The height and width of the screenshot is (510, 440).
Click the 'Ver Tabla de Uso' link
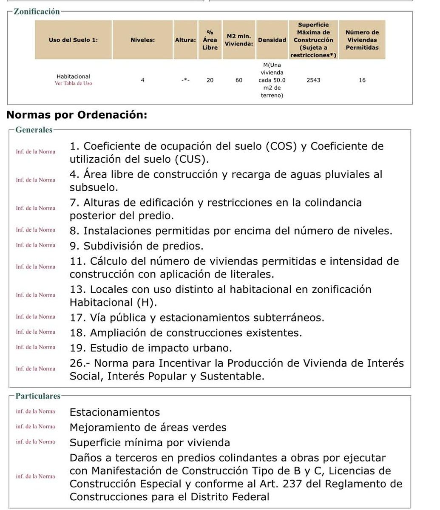73,83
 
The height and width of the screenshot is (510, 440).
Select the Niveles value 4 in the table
143,80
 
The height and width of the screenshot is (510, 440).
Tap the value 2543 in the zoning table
313,80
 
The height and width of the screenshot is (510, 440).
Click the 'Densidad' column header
272,40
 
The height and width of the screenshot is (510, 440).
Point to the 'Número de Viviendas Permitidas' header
362,40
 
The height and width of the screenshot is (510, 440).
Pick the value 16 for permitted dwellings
362,80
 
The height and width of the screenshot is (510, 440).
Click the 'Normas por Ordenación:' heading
77,115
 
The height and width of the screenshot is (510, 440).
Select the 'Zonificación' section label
37,12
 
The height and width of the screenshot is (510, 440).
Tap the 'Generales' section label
34,130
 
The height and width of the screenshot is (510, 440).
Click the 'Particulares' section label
38,396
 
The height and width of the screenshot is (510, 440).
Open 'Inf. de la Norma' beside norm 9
36,245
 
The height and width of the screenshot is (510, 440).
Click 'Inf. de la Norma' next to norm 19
36,347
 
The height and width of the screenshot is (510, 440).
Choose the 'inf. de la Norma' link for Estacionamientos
36,411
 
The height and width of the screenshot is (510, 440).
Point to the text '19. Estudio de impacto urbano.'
151,348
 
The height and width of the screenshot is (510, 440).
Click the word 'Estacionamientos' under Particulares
115,412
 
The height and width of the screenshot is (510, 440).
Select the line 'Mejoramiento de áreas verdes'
148,427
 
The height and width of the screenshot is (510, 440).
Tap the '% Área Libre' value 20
210,80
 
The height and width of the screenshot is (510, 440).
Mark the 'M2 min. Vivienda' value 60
239,80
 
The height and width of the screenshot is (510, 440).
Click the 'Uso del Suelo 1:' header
73,40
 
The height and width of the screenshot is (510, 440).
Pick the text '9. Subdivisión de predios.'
136,246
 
